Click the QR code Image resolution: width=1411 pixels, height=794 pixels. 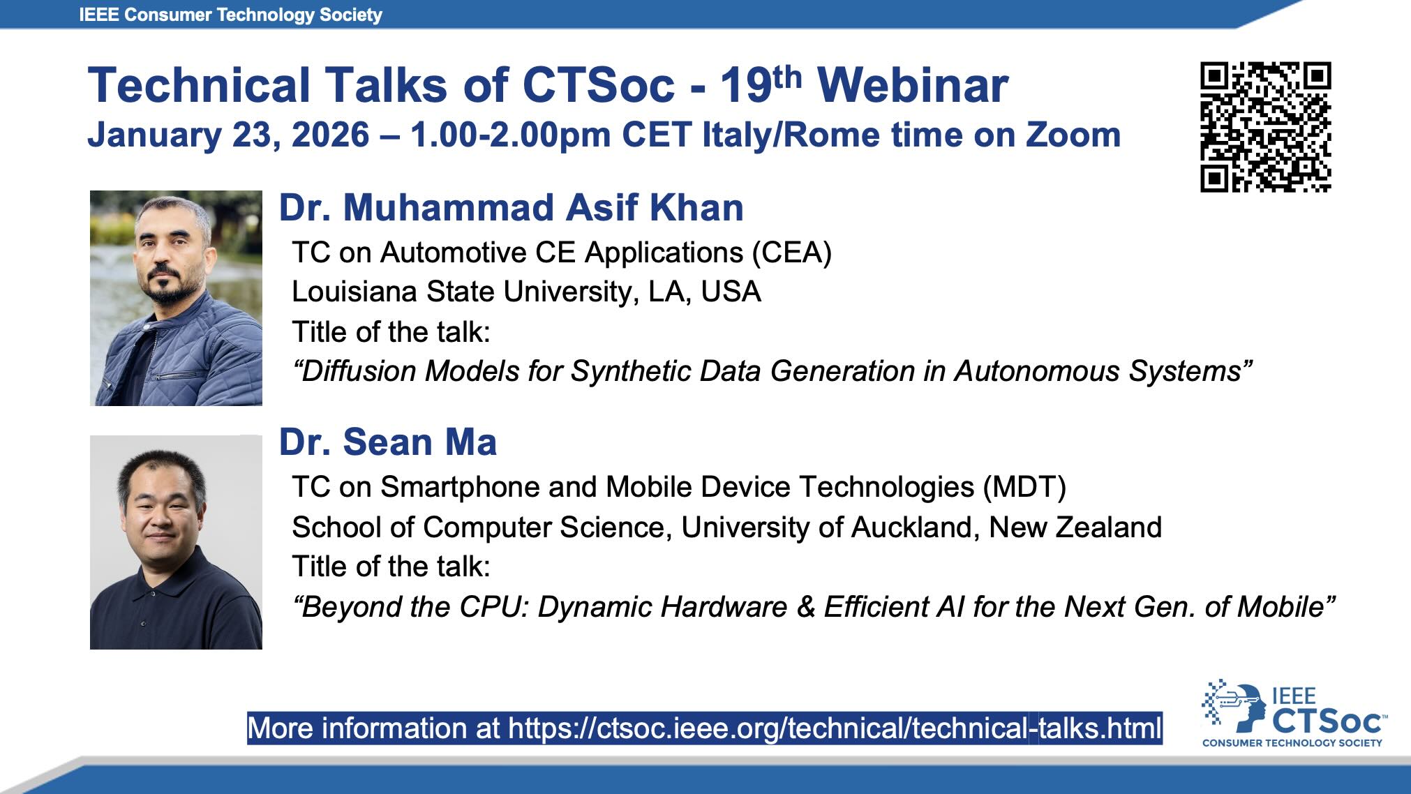click(x=1265, y=126)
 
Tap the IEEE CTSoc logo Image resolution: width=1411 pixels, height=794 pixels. click(x=1294, y=714)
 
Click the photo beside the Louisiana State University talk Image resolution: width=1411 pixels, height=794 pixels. click(x=176, y=298)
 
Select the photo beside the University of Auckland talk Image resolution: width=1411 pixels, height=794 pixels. click(x=176, y=542)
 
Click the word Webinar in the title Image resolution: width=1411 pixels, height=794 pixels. click(x=913, y=86)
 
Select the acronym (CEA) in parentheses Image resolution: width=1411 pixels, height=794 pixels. click(x=791, y=253)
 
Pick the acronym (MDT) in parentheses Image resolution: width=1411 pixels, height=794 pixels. click(x=1024, y=487)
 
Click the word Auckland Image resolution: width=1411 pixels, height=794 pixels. click(x=911, y=527)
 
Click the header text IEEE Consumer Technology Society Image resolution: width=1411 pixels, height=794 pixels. click(x=231, y=15)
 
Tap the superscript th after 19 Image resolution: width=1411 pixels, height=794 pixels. click(x=788, y=76)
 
